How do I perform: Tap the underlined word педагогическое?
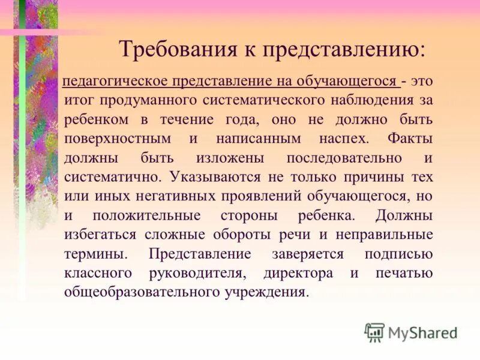point(115,81)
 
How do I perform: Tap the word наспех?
point(329,139)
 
